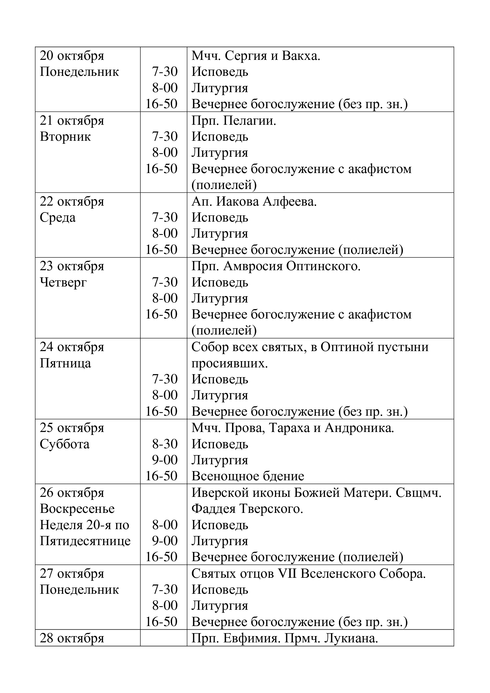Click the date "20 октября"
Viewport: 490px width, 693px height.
point(72,56)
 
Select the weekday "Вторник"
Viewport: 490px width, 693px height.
point(65,137)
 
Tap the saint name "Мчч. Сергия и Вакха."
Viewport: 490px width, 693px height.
point(256,56)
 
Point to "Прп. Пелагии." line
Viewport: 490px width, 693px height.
point(234,121)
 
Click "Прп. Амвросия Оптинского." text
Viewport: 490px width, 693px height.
point(276,266)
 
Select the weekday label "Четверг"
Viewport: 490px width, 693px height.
point(63,283)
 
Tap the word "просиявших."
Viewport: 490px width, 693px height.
point(230,364)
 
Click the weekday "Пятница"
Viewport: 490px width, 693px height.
point(65,364)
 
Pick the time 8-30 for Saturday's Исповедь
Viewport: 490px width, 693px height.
point(165,444)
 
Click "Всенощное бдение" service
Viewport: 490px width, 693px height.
point(248,476)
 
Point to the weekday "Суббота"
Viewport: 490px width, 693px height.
point(65,444)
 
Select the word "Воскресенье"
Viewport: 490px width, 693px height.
point(77,509)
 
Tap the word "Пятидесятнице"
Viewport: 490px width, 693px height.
point(85,541)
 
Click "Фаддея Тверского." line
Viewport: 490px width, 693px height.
point(247,509)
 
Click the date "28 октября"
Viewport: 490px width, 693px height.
point(72,638)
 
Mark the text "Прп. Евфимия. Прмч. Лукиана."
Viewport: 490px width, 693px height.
point(284,638)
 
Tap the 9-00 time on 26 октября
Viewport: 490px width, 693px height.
point(165,541)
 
